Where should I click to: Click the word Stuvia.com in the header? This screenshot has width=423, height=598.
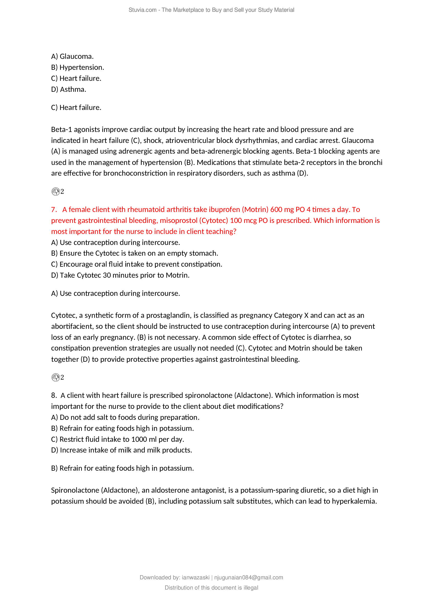point(142,10)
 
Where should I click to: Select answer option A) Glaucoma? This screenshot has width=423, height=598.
point(72,56)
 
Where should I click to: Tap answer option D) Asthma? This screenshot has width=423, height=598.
point(69,89)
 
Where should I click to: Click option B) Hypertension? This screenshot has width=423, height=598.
point(77,67)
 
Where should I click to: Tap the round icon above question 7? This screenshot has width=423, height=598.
point(55,191)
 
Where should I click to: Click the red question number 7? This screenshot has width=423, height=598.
point(54,209)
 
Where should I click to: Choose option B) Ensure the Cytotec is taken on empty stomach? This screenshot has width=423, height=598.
point(135,253)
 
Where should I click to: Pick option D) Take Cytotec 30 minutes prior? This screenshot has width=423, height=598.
point(120,275)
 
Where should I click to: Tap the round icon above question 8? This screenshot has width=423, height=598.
point(55,377)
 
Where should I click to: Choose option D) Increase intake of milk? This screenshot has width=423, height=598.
point(121,450)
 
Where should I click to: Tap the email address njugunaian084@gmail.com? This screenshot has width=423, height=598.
point(249,578)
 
